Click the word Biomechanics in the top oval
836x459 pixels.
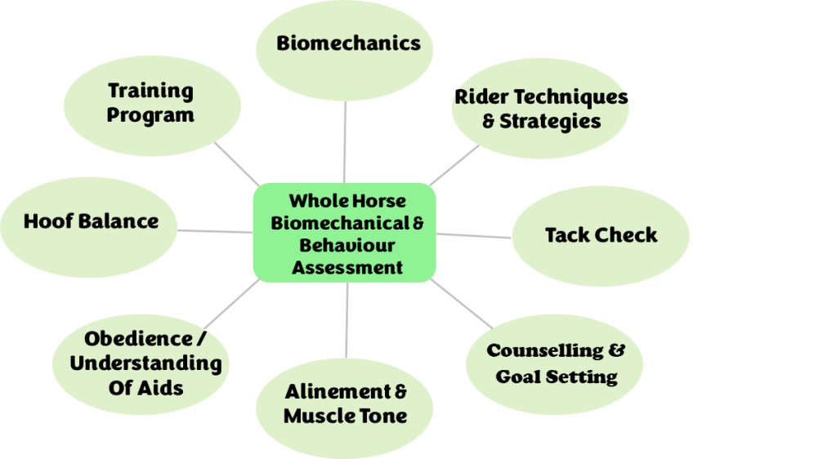348,43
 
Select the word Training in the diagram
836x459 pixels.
150,91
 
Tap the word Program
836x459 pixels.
150,115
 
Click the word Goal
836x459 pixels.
522,377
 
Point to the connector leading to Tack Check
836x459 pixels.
474,236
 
